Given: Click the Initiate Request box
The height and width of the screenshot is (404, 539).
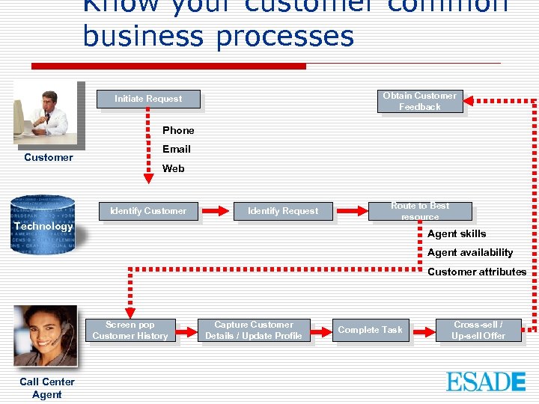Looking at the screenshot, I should coord(148,99).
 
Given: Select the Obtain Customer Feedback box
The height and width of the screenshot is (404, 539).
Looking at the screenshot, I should coord(419,101).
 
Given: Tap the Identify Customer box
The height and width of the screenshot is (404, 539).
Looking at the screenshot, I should coord(148,211).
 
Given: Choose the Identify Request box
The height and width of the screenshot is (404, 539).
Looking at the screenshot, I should coord(283,211).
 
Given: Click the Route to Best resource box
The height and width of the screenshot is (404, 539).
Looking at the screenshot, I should coord(420,211).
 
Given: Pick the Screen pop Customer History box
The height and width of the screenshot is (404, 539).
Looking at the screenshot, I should coord(130,330).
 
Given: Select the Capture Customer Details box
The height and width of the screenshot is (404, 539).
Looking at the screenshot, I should coord(253,330).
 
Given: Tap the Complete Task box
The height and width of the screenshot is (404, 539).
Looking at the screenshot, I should coord(370,330).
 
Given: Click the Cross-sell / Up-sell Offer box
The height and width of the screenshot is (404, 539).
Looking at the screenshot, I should coord(478,330).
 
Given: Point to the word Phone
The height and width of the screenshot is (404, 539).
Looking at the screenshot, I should coord(178,130).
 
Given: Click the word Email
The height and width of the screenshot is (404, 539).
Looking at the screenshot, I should coord(177,149).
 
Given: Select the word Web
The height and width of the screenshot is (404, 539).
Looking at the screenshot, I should coord(173,168).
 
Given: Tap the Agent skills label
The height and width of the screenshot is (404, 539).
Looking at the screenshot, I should coord(457,233).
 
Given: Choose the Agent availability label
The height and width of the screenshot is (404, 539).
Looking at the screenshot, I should coord(470,252).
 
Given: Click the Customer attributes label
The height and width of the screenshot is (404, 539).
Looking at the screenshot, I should coord(477,272).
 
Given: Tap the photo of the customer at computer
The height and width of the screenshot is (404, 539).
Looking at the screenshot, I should coord(46,114).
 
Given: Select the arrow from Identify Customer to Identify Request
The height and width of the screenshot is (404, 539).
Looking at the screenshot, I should coord(216,211).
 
